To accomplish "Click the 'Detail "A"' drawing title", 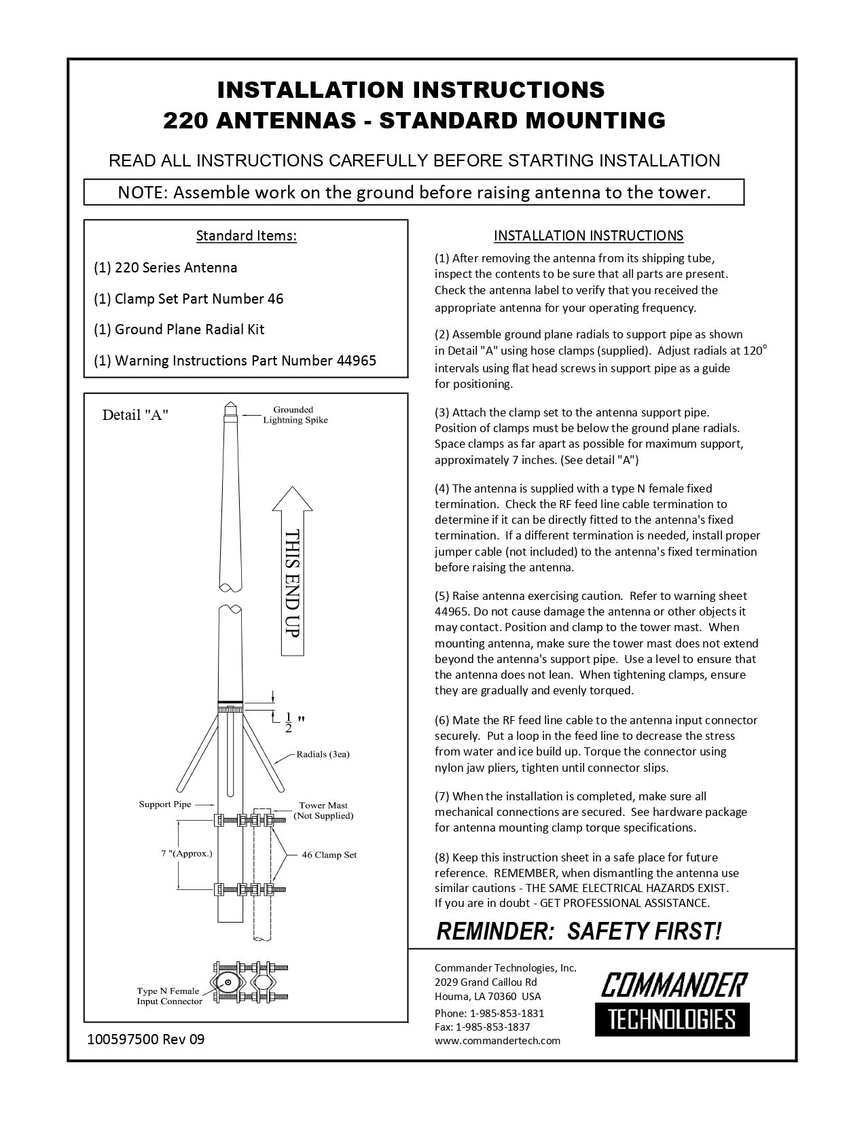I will point(135,415).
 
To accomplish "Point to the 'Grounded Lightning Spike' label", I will point(295,414).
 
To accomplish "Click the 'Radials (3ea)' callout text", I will point(323,754).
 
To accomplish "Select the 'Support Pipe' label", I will point(165,804).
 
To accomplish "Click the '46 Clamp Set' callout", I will point(329,855).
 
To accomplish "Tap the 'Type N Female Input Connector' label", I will point(169,996).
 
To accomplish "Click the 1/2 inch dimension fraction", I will point(288,722).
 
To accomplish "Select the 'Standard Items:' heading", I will point(246,236).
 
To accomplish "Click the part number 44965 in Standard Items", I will point(356,360).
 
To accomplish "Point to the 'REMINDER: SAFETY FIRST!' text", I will point(578,931).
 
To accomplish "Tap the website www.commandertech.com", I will point(497,1040).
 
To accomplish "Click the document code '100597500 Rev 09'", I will point(145,1039).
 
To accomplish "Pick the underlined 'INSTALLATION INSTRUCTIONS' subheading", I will point(588,236).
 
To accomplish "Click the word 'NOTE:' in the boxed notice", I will point(143,192).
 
